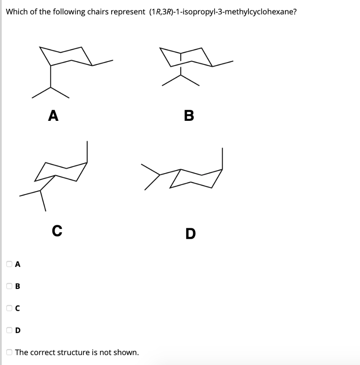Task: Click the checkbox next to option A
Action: [x=9, y=264]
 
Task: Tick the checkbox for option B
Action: [x=9, y=286]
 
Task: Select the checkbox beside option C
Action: [x=9, y=308]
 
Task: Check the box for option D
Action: [x=9, y=330]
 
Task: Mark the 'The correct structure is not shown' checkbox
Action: [x=9, y=353]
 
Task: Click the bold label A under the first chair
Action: [x=53, y=115]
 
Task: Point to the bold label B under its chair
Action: [x=189, y=115]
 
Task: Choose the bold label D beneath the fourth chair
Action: [x=191, y=234]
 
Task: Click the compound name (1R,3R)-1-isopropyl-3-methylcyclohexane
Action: [x=221, y=12]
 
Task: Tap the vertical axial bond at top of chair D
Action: [x=223, y=159]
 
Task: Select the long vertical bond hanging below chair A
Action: [x=51, y=76]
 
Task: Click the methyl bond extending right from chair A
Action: [x=103, y=62]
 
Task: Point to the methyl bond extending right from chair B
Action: [x=223, y=63]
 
